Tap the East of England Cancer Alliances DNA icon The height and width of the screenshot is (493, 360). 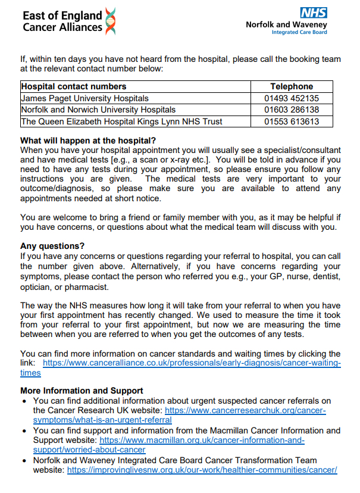click(110, 21)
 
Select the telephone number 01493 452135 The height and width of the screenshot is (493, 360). click(292, 98)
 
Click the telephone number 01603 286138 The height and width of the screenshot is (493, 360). click(292, 110)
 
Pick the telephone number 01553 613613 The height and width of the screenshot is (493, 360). click(292, 121)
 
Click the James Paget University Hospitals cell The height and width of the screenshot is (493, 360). click(84, 98)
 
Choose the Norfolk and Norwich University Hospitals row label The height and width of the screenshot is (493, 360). click(98, 110)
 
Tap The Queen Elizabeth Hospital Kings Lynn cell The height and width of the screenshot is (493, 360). click(121, 121)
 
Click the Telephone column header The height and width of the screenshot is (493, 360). click(292, 87)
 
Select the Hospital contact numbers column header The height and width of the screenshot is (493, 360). click(74, 87)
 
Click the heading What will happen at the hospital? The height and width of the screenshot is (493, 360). click(83, 141)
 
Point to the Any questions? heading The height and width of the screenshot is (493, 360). click(52, 246)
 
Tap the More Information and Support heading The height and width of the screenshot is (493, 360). click(82, 391)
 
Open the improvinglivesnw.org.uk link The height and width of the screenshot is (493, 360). click(202, 470)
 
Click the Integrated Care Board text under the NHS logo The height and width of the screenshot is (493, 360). click(299, 32)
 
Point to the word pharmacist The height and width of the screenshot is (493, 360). click(87, 287)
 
